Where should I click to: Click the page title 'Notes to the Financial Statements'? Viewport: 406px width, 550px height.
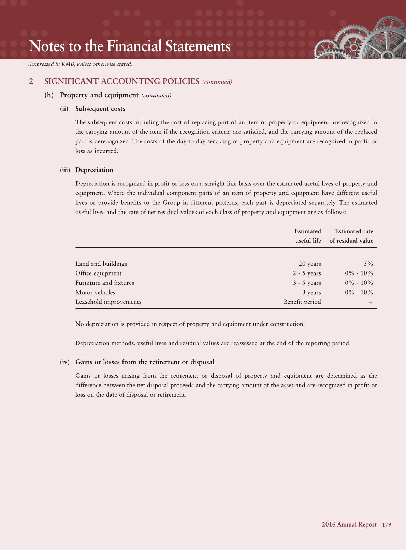pos(130,46)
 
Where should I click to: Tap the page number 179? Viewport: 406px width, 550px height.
pos(387,524)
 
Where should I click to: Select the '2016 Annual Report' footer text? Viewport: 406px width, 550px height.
pos(349,524)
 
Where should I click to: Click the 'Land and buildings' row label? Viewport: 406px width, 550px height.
pos(101,264)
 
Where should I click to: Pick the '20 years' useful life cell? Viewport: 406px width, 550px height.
pos(309,264)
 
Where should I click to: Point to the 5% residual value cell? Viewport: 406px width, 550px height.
pos(368,264)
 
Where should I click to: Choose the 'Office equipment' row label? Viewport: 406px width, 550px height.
pos(98,273)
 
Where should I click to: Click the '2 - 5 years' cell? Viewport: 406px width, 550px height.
pos(307,273)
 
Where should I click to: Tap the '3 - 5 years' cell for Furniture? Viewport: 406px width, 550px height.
pos(307,283)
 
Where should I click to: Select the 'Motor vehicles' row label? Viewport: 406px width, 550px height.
pos(95,292)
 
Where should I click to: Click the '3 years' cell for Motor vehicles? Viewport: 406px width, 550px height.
pos(311,292)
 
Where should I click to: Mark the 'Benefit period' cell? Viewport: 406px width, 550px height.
pos(302,302)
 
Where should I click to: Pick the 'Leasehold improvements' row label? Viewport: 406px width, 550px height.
pos(108,302)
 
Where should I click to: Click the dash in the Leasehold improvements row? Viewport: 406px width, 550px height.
pos(371,302)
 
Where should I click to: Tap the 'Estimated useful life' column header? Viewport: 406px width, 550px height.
pos(308,236)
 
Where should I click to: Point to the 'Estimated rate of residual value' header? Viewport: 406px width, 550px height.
pos(351,236)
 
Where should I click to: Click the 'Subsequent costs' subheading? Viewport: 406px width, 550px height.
pos(100,109)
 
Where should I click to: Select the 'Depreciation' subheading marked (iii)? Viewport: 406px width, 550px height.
pos(94,170)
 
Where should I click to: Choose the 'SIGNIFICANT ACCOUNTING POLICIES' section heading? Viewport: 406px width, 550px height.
pos(122,81)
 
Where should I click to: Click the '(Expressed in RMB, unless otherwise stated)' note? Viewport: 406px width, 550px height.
pos(81,64)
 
